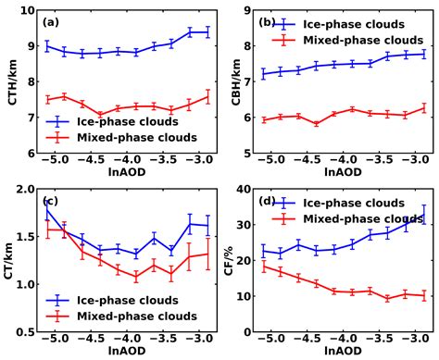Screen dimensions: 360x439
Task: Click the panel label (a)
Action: click(x=52, y=22)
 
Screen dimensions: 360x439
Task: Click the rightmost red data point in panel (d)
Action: click(x=423, y=296)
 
